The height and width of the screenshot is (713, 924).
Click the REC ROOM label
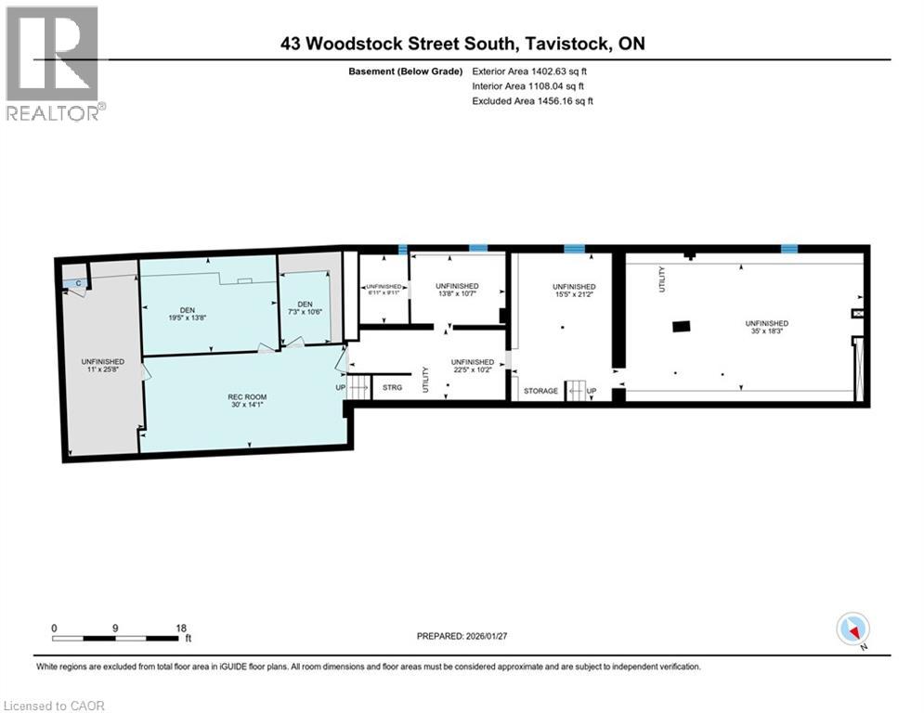tap(247, 397)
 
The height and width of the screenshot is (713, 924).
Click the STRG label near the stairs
tap(392, 387)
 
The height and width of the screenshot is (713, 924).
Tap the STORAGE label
tap(540, 391)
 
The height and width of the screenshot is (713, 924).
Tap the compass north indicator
tap(852, 629)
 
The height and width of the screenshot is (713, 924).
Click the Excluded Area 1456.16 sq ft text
tap(532, 100)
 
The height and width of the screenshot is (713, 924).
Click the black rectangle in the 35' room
tap(682, 325)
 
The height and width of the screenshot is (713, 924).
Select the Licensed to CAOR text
tap(55, 706)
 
